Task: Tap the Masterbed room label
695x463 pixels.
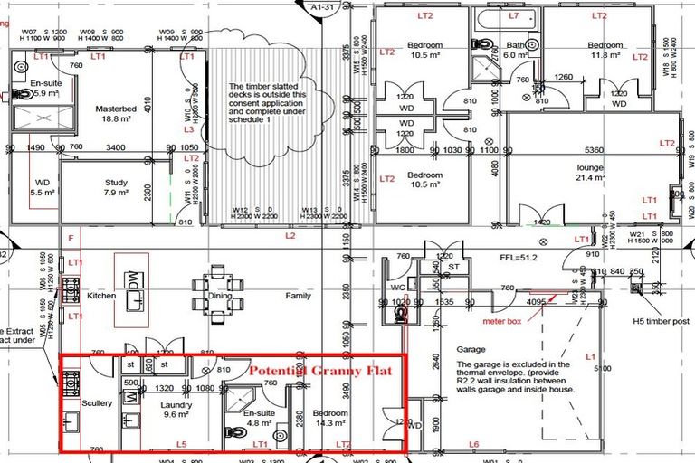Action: point(115,109)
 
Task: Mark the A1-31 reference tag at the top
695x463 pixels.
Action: point(323,8)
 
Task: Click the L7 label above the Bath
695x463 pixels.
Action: point(514,16)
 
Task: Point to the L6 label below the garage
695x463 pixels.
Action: point(474,445)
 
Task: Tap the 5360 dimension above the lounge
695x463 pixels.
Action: point(594,149)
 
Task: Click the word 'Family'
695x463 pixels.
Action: point(298,296)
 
